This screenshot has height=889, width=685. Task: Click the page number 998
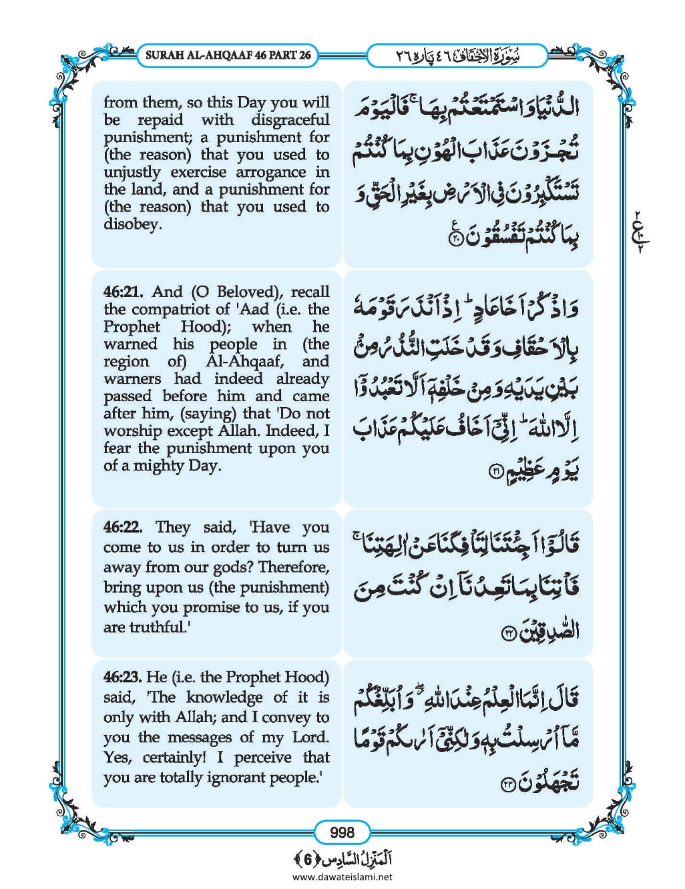click(x=342, y=832)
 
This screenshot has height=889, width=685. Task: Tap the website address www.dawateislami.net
click(x=342, y=876)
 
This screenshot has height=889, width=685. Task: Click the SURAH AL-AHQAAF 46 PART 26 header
click(x=228, y=55)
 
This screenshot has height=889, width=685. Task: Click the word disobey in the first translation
click(x=132, y=224)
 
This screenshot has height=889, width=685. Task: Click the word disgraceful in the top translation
click(x=290, y=120)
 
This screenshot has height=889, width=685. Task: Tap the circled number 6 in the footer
click(x=308, y=858)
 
